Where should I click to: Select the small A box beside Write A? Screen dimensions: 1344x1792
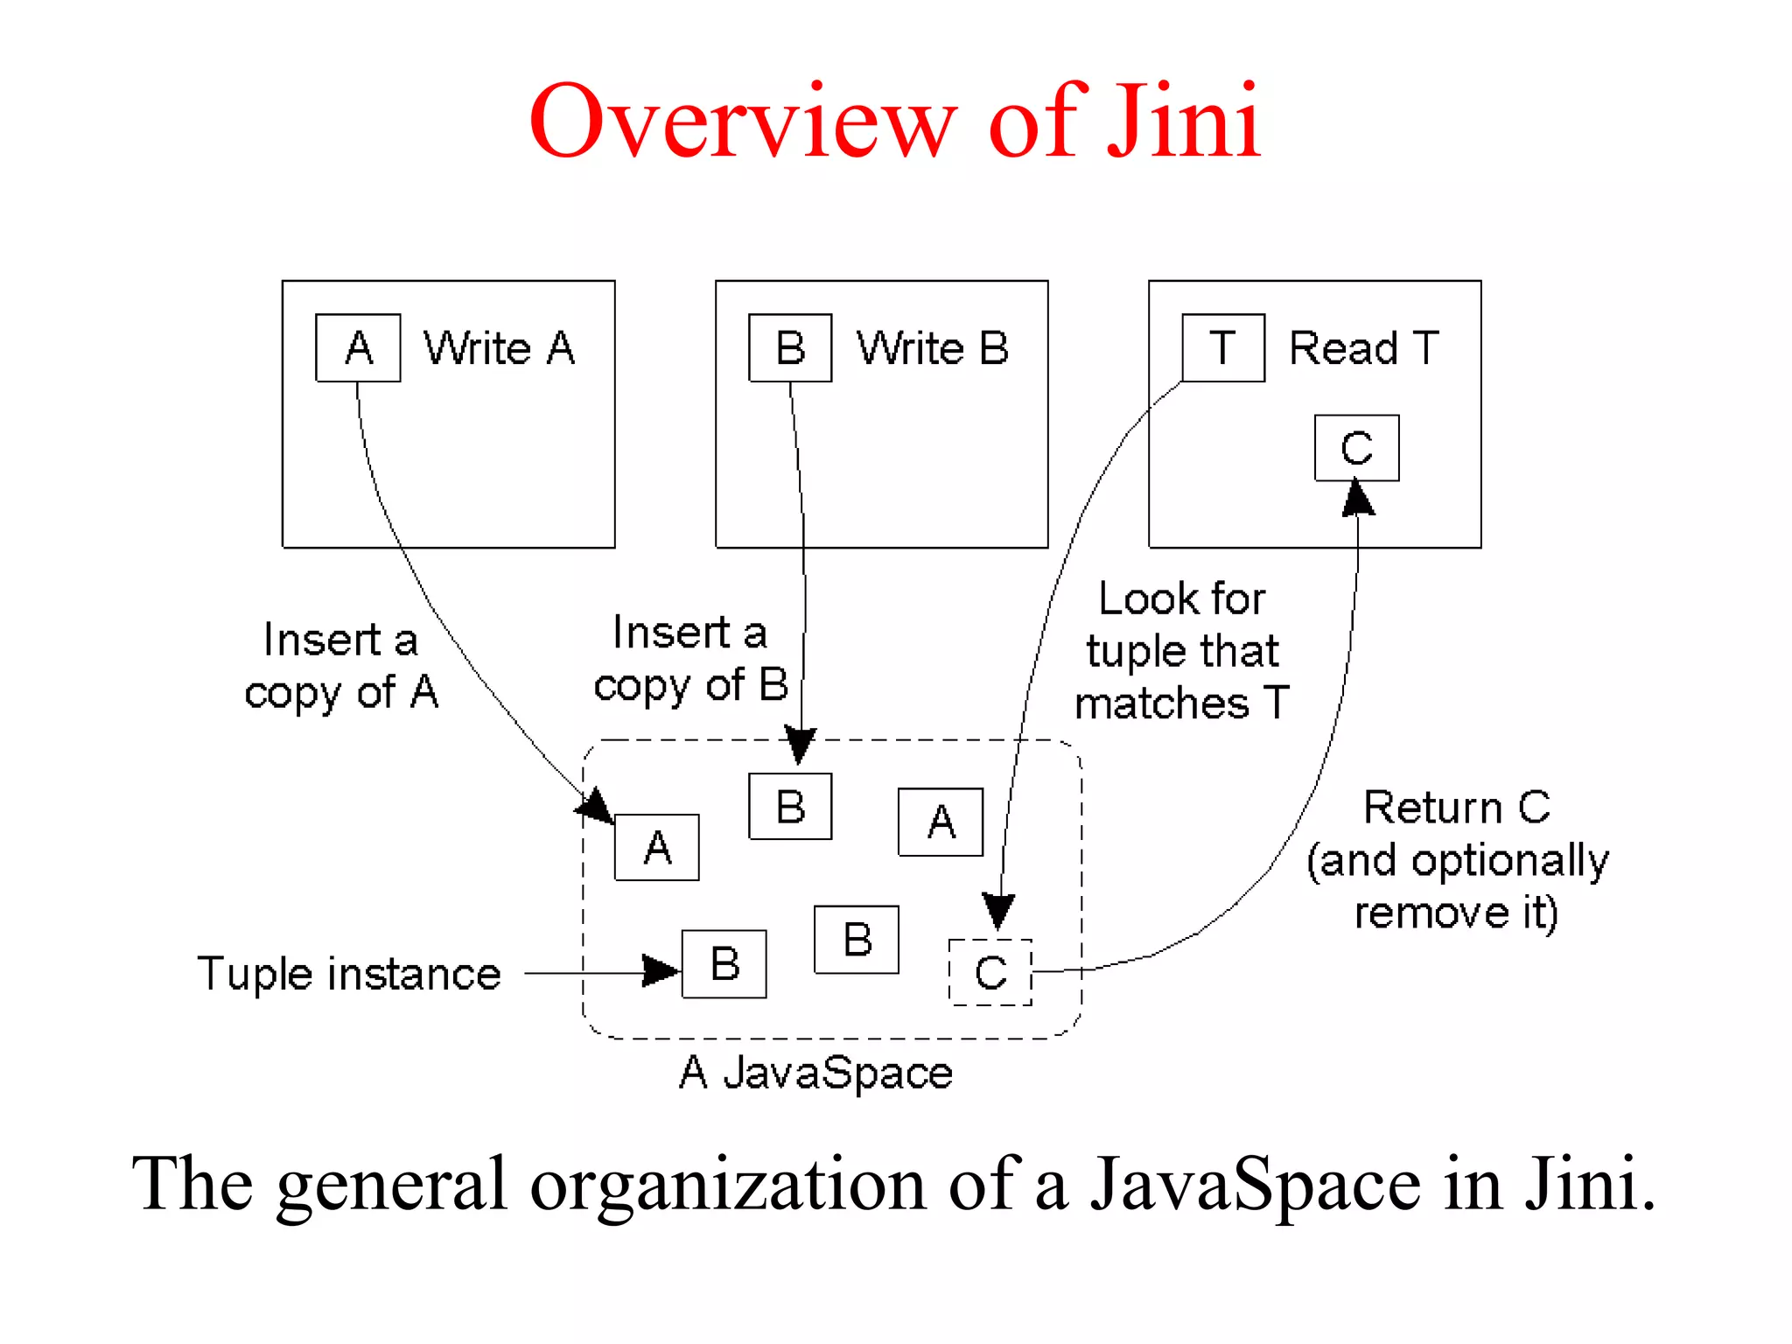pos(358,348)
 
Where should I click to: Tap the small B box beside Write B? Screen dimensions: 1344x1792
pos(790,348)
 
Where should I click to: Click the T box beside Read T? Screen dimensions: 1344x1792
pos(1222,348)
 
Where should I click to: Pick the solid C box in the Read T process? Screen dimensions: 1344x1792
pos(1356,448)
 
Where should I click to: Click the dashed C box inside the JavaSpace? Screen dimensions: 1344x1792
pos(990,972)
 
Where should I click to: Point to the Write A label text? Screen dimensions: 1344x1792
pos(500,348)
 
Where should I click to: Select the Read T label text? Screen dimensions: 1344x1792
pos(1363,348)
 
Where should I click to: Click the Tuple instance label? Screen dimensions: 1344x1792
pos(349,974)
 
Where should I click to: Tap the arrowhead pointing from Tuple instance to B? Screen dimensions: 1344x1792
pos(661,970)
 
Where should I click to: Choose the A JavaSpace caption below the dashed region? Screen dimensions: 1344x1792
pos(815,1073)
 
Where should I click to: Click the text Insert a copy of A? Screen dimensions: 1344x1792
pos(341,666)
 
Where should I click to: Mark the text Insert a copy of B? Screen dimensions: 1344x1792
pos(690,659)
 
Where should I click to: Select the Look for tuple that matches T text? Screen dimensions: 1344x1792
pos(1182,651)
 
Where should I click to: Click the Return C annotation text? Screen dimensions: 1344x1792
pos(1457,860)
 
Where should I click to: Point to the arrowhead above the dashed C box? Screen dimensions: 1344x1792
pos(998,911)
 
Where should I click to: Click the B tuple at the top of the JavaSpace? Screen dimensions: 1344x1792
pos(790,806)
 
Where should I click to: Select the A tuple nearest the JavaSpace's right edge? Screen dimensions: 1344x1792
pos(941,822)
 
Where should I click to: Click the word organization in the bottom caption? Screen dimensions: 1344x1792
pos(728,1184)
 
